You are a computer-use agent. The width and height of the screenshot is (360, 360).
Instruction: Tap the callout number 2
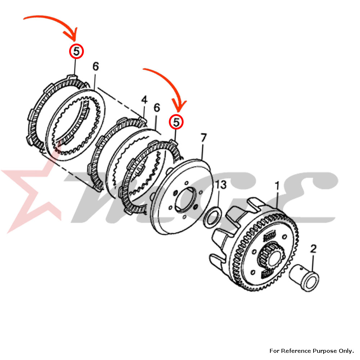tap(313, 248)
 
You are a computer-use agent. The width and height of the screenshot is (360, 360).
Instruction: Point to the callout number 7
tap(204, 138)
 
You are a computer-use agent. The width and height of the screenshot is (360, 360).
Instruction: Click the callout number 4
tap(144, 100)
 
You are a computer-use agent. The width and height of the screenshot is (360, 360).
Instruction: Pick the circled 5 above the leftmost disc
tap(76, 52)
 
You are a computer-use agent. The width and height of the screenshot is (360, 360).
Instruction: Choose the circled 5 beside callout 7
tap(176, 122)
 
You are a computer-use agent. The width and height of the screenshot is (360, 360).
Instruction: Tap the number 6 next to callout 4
tap(156, 108)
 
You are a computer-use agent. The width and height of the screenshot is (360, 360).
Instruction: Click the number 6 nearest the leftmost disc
tap(95, 67)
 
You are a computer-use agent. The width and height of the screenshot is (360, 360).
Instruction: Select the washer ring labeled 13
tap(211, 217)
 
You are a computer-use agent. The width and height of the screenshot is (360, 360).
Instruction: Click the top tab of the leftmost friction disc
tap(72, 76)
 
